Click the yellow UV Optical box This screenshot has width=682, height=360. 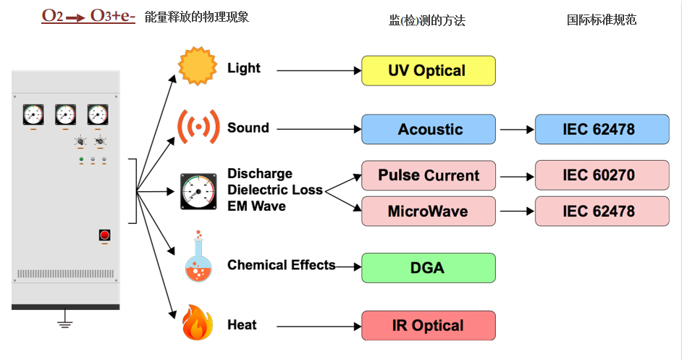coord(429,70)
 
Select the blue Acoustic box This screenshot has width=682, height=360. coord(429,129)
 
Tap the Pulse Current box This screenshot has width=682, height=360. coord(429,175)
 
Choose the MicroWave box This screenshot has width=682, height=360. coord(429,211)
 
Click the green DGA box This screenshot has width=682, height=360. coord(429,268)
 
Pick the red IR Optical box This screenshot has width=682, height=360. coord(429,326)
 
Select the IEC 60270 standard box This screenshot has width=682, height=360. coord(602,175)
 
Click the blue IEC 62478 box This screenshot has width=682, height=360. coord(602,129)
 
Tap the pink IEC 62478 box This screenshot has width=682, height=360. coord(602,211)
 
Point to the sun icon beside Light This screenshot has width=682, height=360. coord(198,66)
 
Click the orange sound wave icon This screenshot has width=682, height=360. coord(198,127)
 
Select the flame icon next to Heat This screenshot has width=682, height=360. coord(198,322)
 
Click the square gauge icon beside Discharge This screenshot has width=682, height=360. coord(199,191)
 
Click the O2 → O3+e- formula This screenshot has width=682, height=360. coord(88,16)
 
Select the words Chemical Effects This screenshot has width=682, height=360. coord(282,265)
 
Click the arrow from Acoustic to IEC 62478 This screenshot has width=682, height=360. coord(517,129)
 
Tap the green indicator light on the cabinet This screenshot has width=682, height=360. coord(81,160)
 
